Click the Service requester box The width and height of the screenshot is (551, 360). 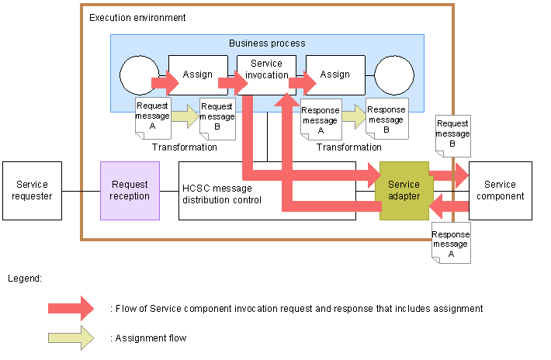32,191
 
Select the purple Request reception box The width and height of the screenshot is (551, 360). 130,191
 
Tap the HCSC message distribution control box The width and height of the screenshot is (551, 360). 233,191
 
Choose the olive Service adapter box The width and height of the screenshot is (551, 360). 404,191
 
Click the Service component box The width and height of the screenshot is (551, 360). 500,191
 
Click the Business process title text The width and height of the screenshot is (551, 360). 267,43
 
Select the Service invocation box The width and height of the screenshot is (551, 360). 266,74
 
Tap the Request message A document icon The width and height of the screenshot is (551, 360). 152,117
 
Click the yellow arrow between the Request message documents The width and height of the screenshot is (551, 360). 185,116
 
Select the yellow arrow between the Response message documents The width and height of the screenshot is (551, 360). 352,117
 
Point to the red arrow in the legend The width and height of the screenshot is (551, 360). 70,308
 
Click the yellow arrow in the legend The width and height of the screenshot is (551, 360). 70,337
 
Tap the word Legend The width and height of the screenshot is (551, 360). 24,277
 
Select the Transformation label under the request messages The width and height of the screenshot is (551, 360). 185,147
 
